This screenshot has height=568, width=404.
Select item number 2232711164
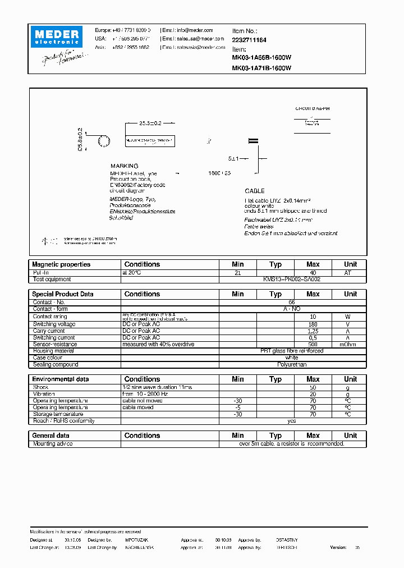[x=249, y=40]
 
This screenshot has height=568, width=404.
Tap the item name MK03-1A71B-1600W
[x=261, y=68]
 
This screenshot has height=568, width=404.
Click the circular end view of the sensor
[x=104, y=141]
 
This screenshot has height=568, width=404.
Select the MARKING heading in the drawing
[x=124, y=166]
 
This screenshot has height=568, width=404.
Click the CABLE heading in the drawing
[x=255, y=191]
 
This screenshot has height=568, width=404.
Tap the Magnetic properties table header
[x=61, y=264]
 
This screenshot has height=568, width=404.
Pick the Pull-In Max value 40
[x=313, y=272]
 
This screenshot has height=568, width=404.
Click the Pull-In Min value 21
[x=237, y=272]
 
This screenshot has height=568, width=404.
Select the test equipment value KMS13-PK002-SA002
[x=292, y=279]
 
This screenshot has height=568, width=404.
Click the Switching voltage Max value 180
[x=313, y=324]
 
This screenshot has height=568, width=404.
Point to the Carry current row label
[x=49, y=331]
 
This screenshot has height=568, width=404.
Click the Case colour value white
[x=292, y=358]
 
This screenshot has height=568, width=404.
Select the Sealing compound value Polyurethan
[x=292, y=364]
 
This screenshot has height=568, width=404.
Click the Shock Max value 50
[x=313, y=387]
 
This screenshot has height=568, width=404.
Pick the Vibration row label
[x=44, y=394]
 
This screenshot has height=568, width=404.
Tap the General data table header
[x=51, y=436]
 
